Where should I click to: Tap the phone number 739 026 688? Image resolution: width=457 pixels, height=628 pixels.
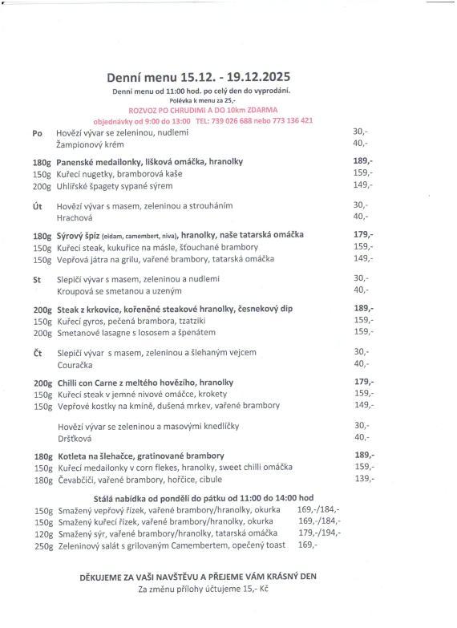(x=239, y=120)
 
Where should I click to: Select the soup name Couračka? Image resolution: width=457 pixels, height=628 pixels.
(x=77, y=364)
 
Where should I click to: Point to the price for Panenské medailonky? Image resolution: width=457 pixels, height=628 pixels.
(x=363, y=161)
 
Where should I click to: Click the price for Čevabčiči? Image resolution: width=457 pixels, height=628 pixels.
(x=363, y=479)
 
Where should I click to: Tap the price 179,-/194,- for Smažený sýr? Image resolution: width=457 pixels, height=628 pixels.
(x=318, y=533)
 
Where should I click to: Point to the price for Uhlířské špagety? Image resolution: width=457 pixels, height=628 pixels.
(x=363, y=184)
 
